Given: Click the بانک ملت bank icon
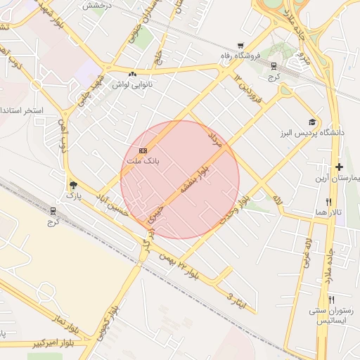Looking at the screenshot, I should point(143,150).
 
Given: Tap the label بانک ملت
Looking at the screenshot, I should point(143,161).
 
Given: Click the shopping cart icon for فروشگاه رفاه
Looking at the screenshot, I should point(240,45).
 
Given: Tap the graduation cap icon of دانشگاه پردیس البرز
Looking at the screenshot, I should point(311,122).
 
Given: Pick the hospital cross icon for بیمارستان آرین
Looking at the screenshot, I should point(339,167).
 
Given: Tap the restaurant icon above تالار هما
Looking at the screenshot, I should point(328,200).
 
